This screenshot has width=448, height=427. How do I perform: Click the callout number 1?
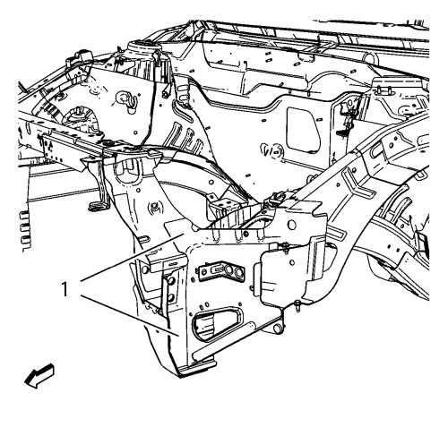click(65, 289)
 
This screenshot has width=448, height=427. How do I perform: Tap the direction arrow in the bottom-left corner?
click(39, 375)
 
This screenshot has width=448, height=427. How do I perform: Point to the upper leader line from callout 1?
click(131, 258)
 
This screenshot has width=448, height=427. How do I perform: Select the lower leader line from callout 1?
click(130, 316)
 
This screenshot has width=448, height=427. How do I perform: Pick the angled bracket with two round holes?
click(221, 272)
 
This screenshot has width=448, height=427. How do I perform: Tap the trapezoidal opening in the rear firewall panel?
click(303, 130)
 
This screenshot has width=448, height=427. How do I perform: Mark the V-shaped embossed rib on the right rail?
click(358, 184)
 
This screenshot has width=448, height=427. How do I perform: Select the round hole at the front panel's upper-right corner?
click(291, 225)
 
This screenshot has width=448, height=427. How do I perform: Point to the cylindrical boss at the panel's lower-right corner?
click(278, 329)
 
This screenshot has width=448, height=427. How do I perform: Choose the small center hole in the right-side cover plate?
click(292, 262)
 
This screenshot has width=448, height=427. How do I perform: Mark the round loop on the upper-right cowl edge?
click(371, 58)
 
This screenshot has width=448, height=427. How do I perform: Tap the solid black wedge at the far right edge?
click(423, 243)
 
